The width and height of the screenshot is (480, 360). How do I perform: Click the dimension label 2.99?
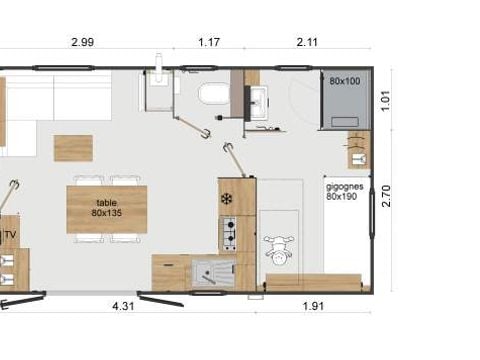pos(83,42)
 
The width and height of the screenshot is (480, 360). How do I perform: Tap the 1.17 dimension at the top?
pos(209,42)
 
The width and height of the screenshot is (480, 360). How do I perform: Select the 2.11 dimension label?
pos(307,42)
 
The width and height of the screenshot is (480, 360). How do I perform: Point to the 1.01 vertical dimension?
pos(385,101)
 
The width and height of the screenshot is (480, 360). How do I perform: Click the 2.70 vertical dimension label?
pos(386,196)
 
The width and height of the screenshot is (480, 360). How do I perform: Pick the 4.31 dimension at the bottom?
pos(123,306)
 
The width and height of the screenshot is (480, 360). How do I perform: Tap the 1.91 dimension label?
pos(313,306)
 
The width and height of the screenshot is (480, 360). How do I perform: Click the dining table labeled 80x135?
pos(107,209)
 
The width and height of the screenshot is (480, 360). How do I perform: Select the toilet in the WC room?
pos(214,93)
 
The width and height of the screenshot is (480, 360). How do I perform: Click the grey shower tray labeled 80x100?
pos(345,99)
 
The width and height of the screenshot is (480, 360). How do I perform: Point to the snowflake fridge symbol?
pos(226,199)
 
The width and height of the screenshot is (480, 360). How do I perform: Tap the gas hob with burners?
pos(229,234)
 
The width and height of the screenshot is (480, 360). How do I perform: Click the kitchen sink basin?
pos(212,274)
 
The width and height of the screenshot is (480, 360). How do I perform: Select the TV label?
pos(10,235)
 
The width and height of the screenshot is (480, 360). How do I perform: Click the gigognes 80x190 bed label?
pos(344,192)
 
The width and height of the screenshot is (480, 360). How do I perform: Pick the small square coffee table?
pos(73,148)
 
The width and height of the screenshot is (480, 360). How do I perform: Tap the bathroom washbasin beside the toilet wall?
pos(257,102)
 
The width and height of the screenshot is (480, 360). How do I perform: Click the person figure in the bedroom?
pos(279,250)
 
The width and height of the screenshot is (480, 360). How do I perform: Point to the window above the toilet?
pos(199,68)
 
